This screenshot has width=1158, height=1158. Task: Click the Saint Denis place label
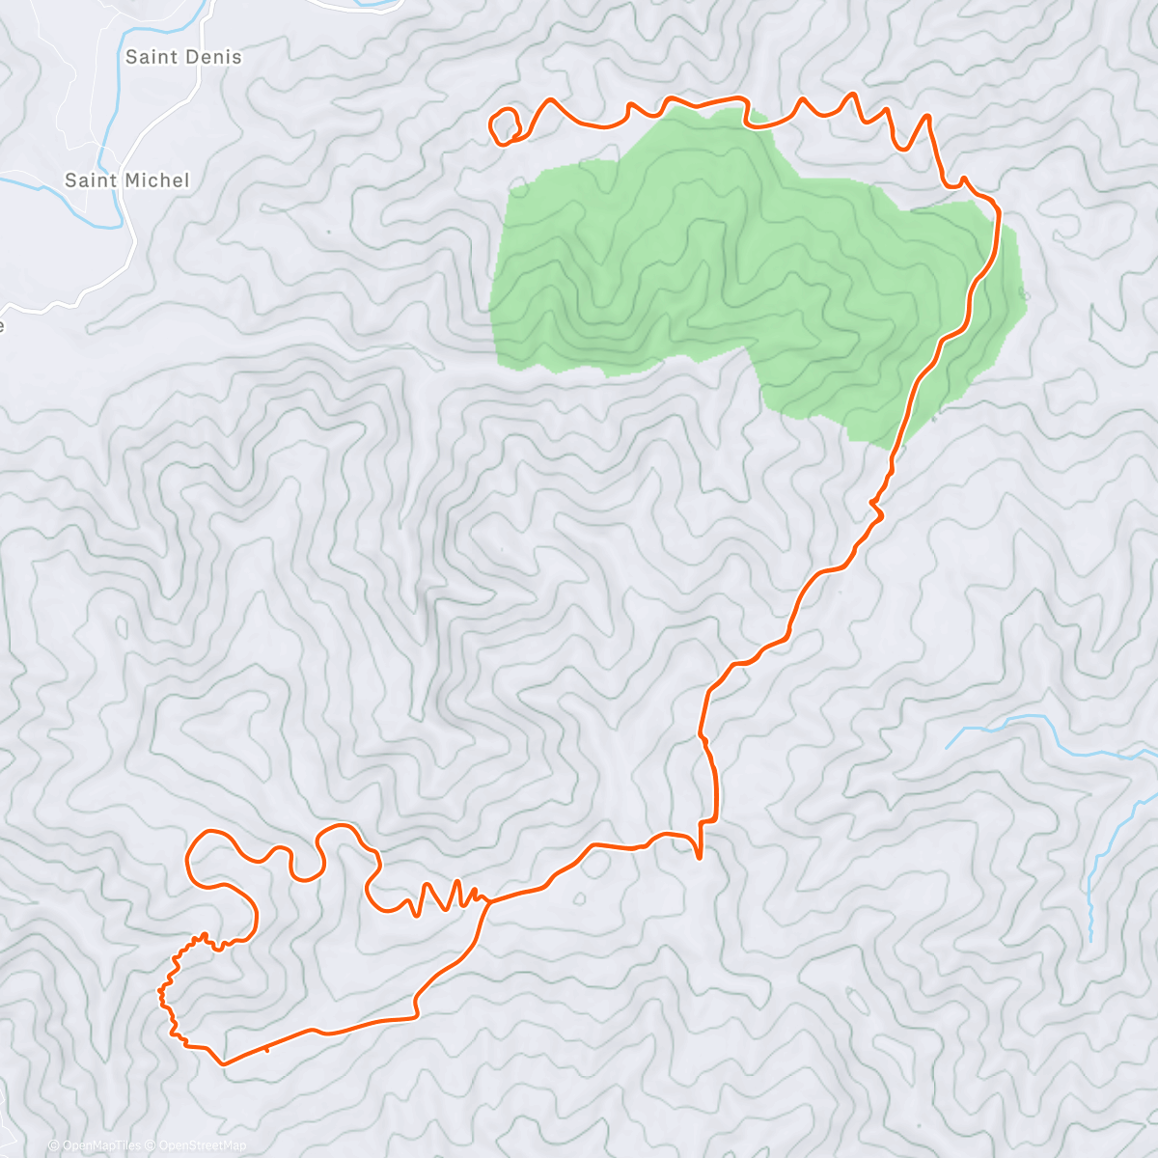coord(183,57)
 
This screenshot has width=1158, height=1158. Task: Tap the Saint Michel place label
coord(126,180)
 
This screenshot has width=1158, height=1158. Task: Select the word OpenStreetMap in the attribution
coord(203,1145)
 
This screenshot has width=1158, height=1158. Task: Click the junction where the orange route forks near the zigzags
coord(486,902)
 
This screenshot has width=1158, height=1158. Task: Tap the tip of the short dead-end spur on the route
coord(698,856)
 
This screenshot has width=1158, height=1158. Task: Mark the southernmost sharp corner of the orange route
coord(223,1063)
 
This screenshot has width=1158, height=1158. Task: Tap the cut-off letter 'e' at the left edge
coord(2,326)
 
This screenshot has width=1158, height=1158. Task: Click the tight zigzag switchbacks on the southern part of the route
coord(439,897)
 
